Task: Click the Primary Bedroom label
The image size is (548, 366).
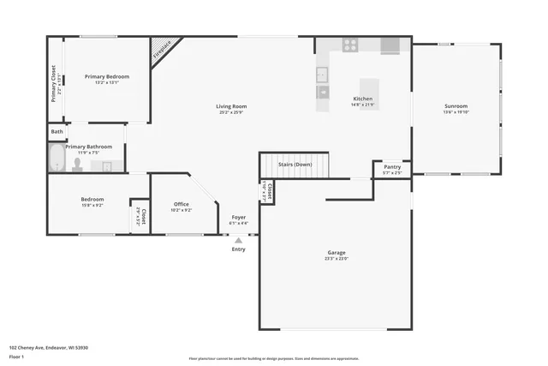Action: click(106, 76)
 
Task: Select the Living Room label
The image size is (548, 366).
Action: click(231, 106)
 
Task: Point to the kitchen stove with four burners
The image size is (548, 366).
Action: click(350, 45)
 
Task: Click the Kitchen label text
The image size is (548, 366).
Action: click(363, 99)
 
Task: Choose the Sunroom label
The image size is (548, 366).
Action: click(456, 106)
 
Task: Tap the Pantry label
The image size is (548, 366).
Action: click(392, 166)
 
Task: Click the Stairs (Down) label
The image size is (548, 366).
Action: click(295, 164)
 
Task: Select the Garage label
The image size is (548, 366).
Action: click(337, 252)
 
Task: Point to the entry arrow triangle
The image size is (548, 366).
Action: click(238, 241)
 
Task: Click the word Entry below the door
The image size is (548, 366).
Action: click(238, 249)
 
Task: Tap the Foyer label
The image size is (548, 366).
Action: click(238, 218)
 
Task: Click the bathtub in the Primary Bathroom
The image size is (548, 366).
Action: click(57, 159)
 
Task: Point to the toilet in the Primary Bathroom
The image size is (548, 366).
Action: click(77, 164)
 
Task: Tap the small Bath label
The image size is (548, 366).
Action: click(57, 132)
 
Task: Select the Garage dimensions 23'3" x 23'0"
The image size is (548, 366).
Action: click(337, 258)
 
